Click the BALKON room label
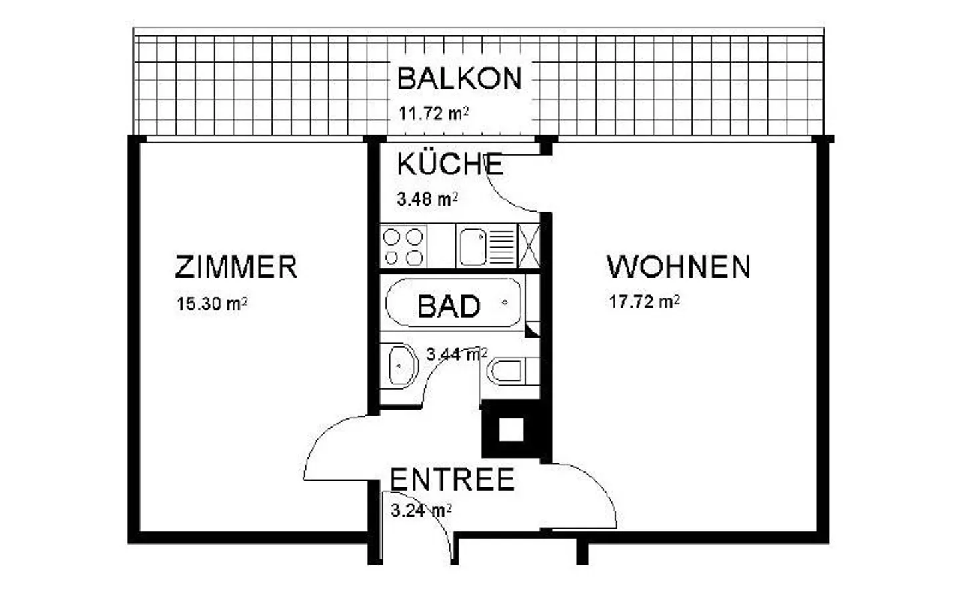pos(459,79)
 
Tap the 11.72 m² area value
pos(433,113)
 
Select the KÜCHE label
pos(450,164)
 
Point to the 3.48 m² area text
pos(427,198)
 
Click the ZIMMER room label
pos(236,267)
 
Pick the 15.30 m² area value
pos(212,304)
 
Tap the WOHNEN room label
pos(679,267)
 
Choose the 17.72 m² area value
pos(644,302)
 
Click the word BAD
pos(449,306)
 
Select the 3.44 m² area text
pos(457,354)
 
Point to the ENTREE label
pos(452,480)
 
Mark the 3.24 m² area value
pos(421,511)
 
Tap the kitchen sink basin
pos(473,246)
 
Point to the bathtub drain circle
pos(505,302)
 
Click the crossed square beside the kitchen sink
pos(529,246)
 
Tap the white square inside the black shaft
pos(511,429)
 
